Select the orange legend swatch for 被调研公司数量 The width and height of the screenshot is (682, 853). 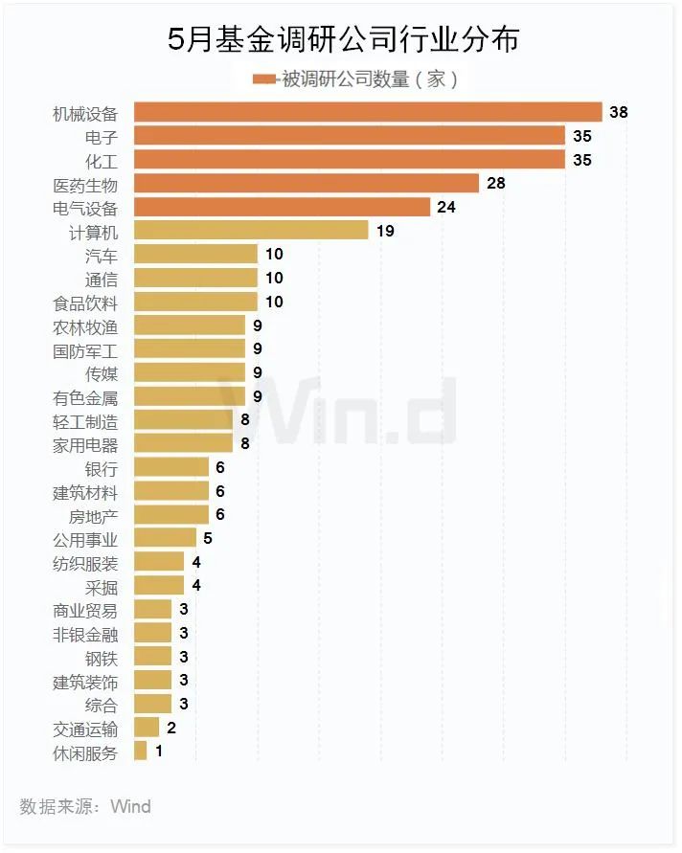(x=265, y=79)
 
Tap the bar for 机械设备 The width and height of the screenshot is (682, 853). (x=368, y=112)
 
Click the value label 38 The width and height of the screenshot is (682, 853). (x=619, y=112)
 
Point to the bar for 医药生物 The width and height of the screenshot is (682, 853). (x=307, y=183)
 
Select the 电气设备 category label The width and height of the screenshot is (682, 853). (x=85, y=208)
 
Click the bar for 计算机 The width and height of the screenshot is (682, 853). (x=251, y=230)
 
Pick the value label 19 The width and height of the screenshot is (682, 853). (x=385, y=230)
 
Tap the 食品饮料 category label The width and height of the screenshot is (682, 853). (x=85, y=303)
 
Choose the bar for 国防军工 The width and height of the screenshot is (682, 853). (x=190, y=349)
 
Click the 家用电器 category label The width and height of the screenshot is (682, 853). (x=85, y=444)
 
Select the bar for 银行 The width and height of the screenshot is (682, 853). (x=171, y=467)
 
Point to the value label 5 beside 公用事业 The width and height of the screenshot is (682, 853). (x=208, y=538)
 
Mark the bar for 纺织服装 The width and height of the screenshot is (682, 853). (x=159, y=562)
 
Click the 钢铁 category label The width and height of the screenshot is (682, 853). (x=101, y=657)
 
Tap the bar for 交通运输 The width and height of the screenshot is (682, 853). (x=147, y=728)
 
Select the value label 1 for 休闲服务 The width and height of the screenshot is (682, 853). (x=159, y=752)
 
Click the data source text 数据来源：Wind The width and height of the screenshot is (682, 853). (x=85, y=806)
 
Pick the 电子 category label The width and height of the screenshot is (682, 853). (x=101, y=136)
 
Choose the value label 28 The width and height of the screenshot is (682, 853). (x=495, y=183)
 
